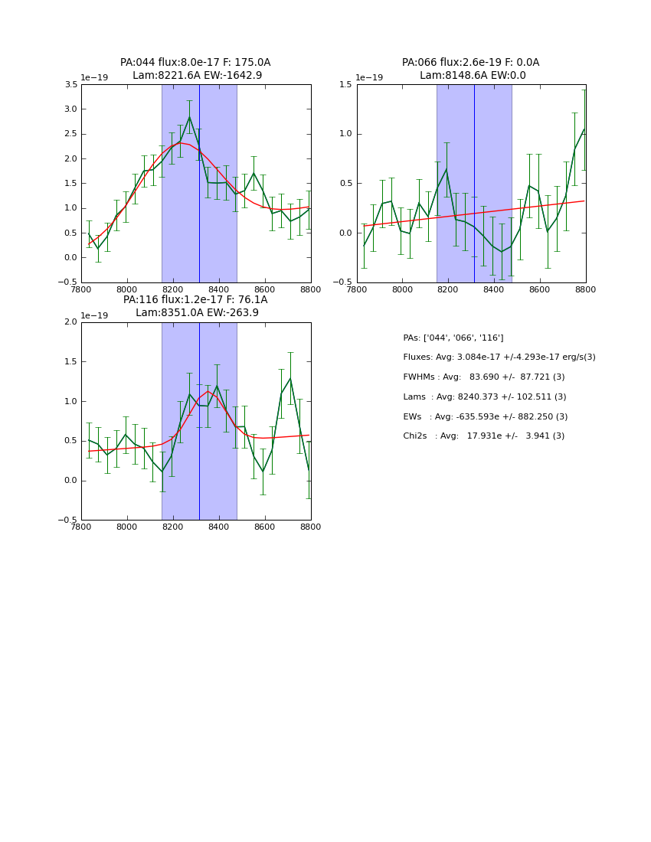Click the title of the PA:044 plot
[x=195, y=69]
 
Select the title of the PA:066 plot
[x=471, y=69]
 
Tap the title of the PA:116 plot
[x=195, y=306]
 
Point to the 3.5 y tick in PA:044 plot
[x=70, y=85]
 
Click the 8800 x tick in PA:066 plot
[x=586, y=290]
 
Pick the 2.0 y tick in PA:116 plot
[x=70, y=322]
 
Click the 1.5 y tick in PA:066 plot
[x=345, y=85]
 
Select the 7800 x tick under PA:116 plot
[x=81, y=527]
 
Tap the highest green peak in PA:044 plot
[x=189, y=117]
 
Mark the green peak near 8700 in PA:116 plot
[x=290, y=378]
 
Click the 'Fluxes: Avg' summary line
[x=499, y=357]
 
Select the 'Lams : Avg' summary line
[x=485, y=397]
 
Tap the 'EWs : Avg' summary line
[x=484, y=417]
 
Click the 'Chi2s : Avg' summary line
[x=483, y=436]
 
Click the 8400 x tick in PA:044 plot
[x=219, y=290]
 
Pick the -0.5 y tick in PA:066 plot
[x=342, y=282]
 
